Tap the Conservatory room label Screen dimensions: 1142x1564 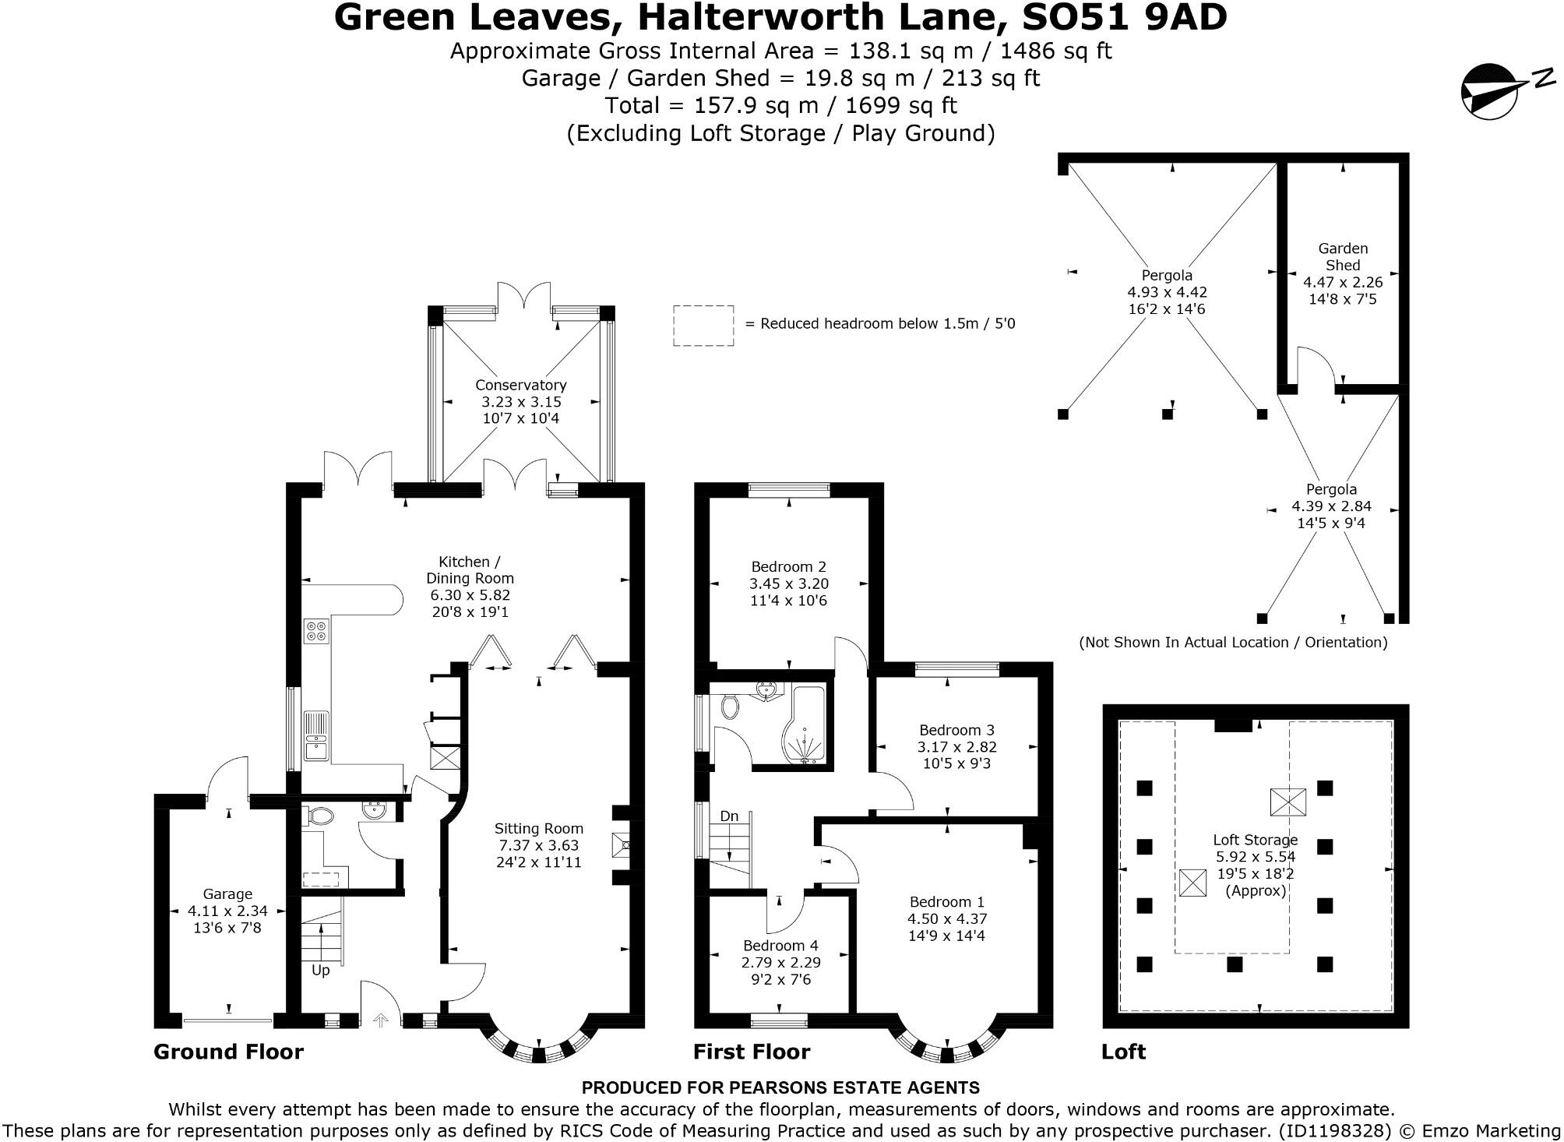pos(520,385)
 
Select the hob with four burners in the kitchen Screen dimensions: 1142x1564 pos(317,630)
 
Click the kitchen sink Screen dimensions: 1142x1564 pos(317,736)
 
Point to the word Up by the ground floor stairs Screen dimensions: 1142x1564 pos(320,971)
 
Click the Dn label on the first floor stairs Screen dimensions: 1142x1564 pos(729,816)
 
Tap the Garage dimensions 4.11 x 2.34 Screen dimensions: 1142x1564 pos(227,911)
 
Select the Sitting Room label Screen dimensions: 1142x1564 pos(538,829)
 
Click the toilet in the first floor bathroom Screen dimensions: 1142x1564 pos(730,707)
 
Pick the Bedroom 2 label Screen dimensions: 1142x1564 pos(788,567)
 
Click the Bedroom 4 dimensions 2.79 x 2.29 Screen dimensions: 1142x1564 pos(780,963)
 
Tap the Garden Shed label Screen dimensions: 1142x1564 pos(1343,256)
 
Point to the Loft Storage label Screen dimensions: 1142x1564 pos(1255,840)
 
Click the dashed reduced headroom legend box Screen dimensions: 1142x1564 pos(703,326)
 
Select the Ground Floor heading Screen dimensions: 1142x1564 pos(228,1052)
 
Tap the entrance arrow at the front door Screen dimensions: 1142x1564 pos(381,1019)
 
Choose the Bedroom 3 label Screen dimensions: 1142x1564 pos(956,730)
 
